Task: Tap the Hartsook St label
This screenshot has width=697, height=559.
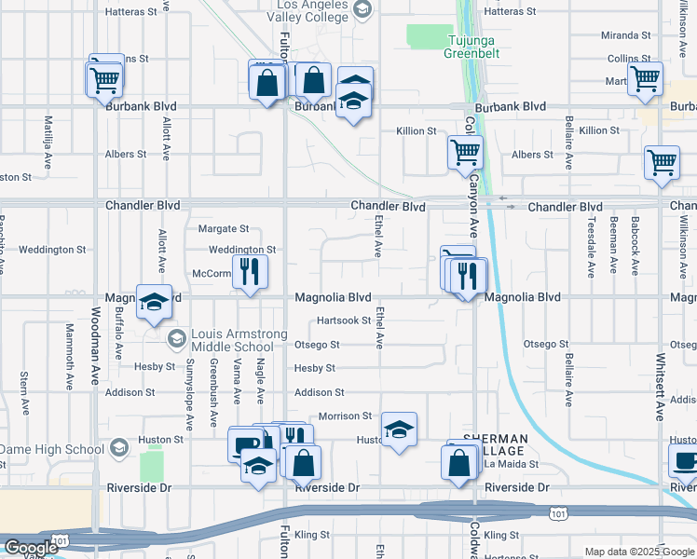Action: [344, 320]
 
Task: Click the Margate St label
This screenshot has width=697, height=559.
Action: [224, 228]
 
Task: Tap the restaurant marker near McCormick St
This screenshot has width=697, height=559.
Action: [249, 271]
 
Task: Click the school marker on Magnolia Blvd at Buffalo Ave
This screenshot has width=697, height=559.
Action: [154, 302]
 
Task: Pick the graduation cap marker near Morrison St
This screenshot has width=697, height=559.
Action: [399, 429]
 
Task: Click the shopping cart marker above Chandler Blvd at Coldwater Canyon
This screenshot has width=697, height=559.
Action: [464, 151]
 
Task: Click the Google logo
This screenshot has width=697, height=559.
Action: [31, 548]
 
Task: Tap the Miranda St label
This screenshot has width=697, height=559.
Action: [625, 35]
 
